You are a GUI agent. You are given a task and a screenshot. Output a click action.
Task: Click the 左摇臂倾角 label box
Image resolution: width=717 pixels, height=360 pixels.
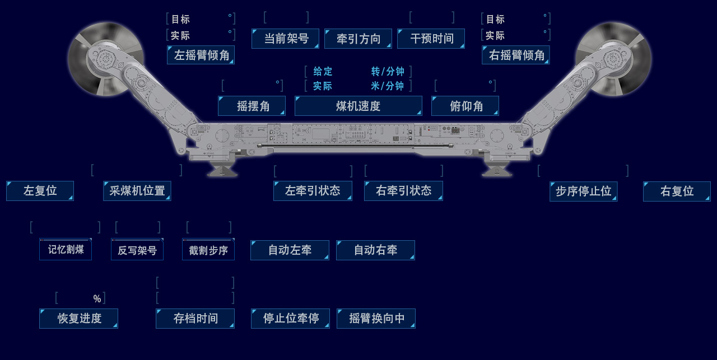[201, 55]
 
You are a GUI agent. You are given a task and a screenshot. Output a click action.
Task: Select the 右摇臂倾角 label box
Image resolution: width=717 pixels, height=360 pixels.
[515, 55]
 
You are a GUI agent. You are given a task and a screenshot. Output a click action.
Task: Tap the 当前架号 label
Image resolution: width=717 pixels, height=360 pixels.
[285, 39]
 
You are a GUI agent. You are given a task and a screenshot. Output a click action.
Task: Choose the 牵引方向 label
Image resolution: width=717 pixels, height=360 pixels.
[358, 39]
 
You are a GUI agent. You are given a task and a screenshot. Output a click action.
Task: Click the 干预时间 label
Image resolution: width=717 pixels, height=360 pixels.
[431, 39]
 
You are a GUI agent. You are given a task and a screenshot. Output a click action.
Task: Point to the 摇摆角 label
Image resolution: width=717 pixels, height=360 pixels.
[252, 106]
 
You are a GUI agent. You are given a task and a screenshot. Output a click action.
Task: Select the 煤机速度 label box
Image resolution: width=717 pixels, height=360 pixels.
[358, 106]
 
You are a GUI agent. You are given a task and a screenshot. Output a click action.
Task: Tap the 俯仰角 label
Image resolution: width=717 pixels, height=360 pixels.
[465, 106]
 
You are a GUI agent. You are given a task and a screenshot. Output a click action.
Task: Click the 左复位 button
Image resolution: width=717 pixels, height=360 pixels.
[40, 191]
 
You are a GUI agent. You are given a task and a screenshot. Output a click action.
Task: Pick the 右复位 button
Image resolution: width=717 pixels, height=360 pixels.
[677, 191]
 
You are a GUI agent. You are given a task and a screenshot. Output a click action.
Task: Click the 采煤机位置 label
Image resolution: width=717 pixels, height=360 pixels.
[137, 191]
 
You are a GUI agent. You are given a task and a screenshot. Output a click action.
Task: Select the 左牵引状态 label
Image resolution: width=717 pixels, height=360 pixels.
[313, 191]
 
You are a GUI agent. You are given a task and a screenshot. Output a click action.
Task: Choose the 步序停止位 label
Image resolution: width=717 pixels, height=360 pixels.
[583, 191]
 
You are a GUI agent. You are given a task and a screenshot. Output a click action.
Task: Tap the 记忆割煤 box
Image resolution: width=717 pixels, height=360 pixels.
[66, 250]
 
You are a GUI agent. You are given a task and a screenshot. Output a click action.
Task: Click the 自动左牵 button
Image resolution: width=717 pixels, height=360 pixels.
[290, 250]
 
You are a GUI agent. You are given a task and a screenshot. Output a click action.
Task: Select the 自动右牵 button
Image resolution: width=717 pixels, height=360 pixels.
[375, 250]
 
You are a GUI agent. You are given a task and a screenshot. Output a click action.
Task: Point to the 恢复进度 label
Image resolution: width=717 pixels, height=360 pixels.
[78, 319]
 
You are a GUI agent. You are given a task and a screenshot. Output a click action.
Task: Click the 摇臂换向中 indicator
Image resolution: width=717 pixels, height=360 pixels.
[376, 319]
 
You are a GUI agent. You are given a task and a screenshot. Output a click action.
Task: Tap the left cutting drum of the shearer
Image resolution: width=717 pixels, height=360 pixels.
[105, 58]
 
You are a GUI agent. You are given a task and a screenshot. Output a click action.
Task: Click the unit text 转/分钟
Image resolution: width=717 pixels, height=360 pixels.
[388, 72]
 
